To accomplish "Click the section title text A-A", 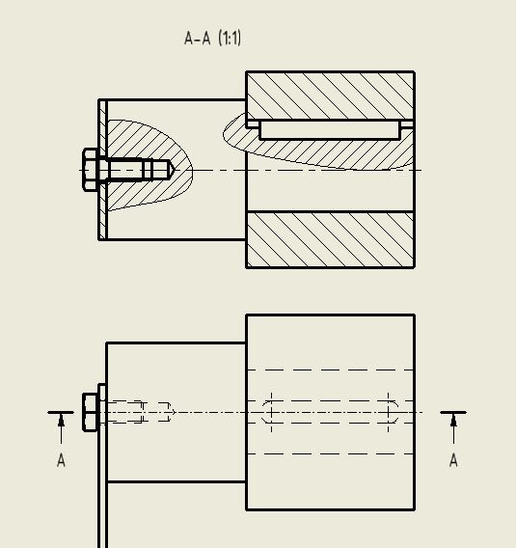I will pos(197,39).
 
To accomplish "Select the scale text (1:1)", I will pos(230,39).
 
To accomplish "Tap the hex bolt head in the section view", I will pos(91,170).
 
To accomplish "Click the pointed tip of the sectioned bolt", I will pos(170,170).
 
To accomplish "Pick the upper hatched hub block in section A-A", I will pos(330,95).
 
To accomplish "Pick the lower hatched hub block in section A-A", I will pos(330,239).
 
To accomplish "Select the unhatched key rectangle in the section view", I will pos(330,129).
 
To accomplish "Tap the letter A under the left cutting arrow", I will pos(61,461).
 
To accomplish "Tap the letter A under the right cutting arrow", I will pos(453,461).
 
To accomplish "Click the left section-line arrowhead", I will pos(61,420).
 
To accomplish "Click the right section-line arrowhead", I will pos(453,420).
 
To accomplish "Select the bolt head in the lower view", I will pos(91,412).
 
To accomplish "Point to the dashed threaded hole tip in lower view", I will pos(168,412).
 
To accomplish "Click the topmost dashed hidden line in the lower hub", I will pos(330,370).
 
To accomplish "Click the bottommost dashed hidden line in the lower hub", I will pos(330,453).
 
